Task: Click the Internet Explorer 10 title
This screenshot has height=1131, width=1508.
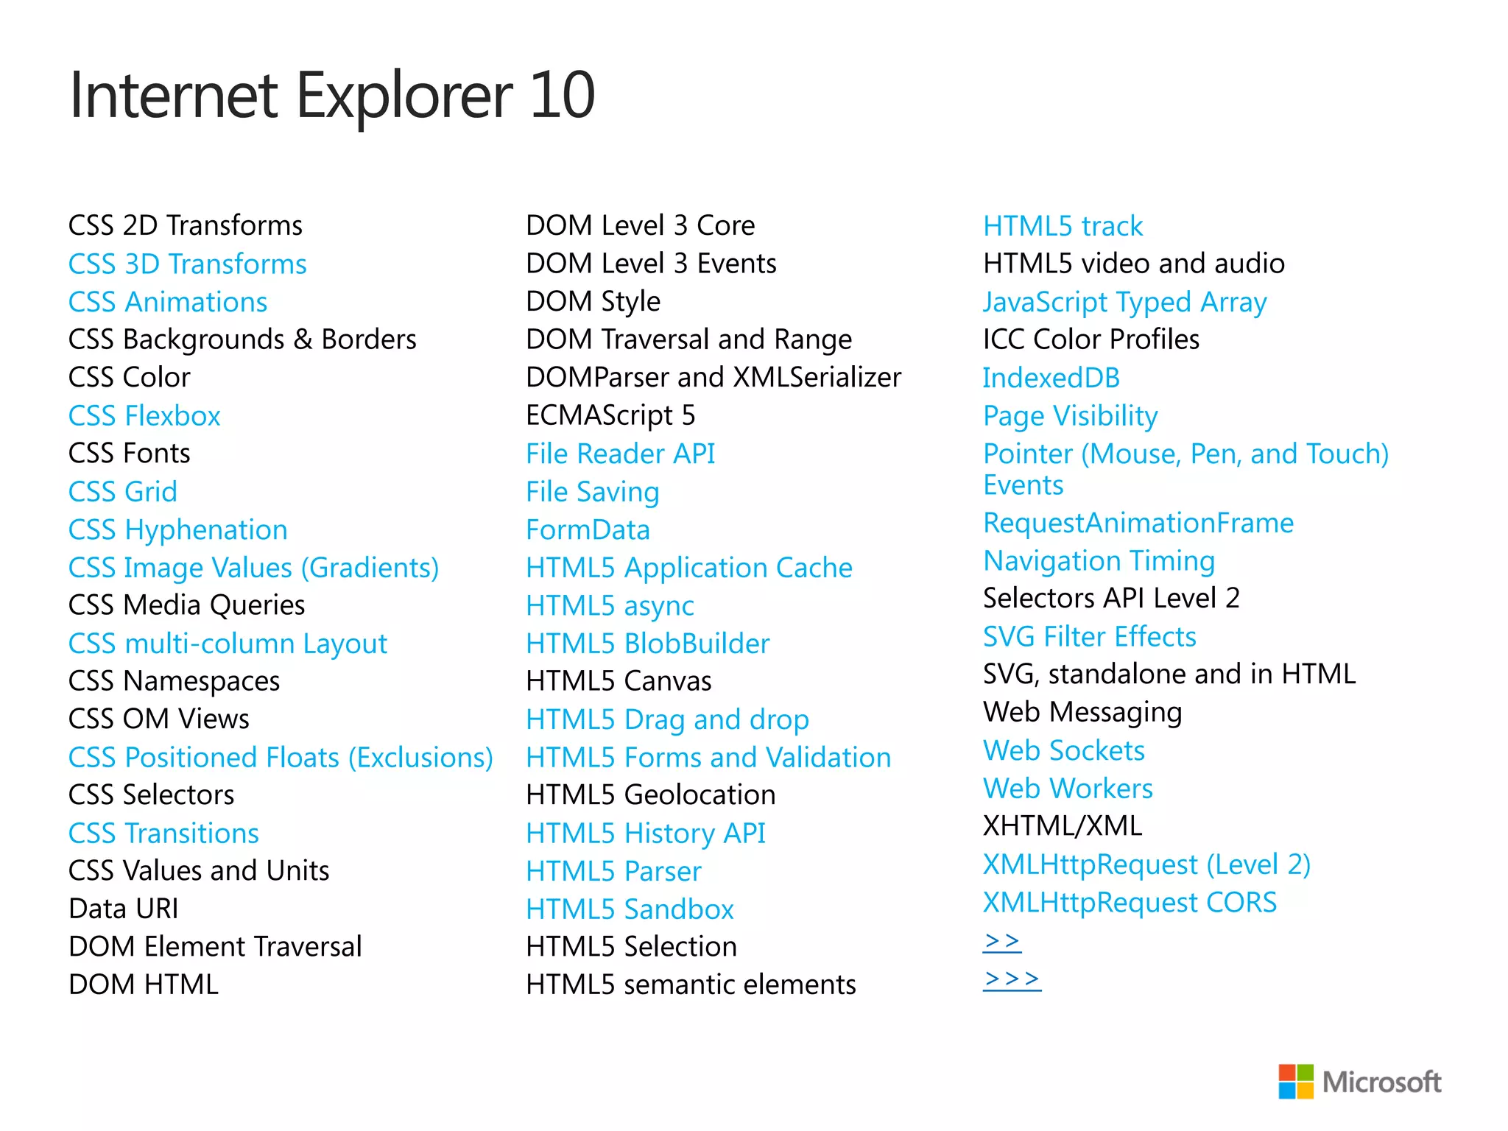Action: click(x=331, y=96)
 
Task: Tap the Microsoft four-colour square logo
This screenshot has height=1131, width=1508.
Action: click(x=1295, y=1081)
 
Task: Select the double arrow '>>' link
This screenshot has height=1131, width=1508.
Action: click(x=1001, y=941)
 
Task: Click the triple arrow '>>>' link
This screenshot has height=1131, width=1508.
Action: click(x=1012, y=979)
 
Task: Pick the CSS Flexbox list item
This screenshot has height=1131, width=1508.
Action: click(x=144, y=416)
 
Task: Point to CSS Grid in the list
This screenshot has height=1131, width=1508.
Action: click(x=123, y=492)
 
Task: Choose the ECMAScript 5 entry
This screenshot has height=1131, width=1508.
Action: click(x=610, y=416)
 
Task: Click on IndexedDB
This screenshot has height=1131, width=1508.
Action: click(x=1051, y=378)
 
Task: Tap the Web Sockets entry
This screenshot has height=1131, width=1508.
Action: click(x=1064, y=751)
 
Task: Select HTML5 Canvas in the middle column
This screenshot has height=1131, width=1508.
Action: click(x=619, y=681)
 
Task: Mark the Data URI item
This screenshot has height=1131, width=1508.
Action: click(x=124, y=909)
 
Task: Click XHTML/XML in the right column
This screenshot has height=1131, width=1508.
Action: click(x=1063, y=826)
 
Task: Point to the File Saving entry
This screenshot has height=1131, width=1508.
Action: click(x=592, y=492)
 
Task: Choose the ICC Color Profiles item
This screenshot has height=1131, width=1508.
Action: click(x=1091, y=339)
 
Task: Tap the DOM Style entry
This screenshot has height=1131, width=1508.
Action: click(x=593, y=302)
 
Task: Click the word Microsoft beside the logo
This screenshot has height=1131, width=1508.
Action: click(x=1381, y=1082)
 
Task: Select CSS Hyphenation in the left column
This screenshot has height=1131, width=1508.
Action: click(x=177, y=530)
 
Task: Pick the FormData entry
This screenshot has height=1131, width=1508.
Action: click(x=588, y=530)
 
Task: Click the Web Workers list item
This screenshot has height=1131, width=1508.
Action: click(x=1068, y=789)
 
